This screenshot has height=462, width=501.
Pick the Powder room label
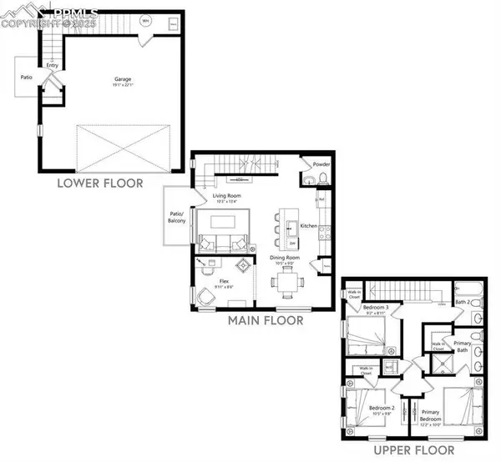coord(321,163)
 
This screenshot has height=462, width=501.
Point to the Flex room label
coord(224,281)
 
